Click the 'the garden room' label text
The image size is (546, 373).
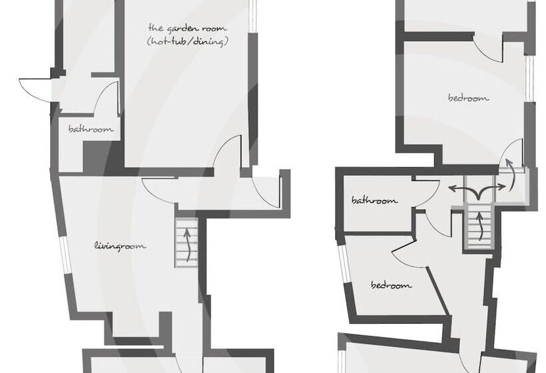coord(187,29)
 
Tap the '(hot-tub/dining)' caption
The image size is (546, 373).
coord(187,42)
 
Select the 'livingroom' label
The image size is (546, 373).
coord(121,246)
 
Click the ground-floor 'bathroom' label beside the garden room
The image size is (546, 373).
coord(91,129)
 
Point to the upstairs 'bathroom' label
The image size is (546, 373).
coord(374,200)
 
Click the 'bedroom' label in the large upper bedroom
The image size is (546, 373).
coord(468,98)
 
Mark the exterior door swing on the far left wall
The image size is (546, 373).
coord(35,89)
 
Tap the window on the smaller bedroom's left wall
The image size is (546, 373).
coord(343,269)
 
